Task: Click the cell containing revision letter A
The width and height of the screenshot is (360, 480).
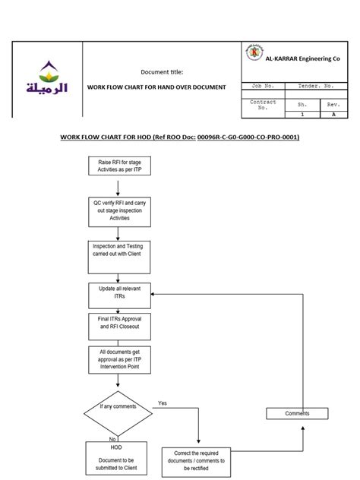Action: (x=333, y=115)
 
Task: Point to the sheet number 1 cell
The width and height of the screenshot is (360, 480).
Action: (x=301, y=115)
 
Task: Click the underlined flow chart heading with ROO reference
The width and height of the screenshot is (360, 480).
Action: (x=179, y=137)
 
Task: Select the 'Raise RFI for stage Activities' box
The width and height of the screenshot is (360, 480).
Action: (x=120, y=166)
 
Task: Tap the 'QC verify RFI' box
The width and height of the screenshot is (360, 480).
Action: (x=120, y=210)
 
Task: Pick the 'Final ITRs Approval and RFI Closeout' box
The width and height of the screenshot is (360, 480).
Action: (x=120, y=323)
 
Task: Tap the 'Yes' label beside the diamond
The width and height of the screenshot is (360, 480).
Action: (x=163, y=403)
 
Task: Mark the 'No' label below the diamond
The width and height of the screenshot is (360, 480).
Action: (x=112, y=438)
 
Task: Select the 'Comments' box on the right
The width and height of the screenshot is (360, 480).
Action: (x=297, y=413)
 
